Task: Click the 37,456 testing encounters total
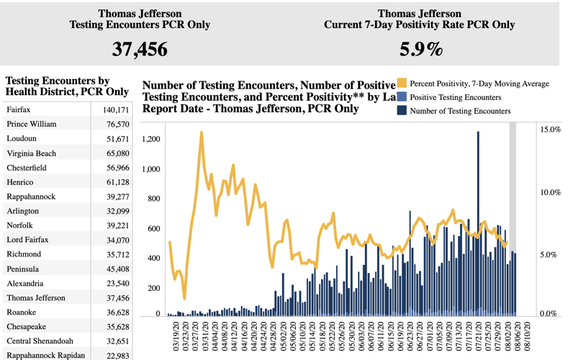point(140,49)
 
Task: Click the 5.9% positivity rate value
point(420,49)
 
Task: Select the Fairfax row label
point(19,110)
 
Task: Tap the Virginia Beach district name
point(31,153)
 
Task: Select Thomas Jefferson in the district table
point(36,298)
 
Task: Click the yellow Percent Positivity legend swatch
point(402,84)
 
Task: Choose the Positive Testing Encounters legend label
point(456,97)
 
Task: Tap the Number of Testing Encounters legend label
point(460,111)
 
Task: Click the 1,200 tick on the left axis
point(150,139)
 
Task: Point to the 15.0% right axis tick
point(550,130)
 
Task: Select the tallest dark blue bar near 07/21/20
point(478,223)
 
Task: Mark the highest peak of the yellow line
point(201,132)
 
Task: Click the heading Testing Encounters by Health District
point(67,86)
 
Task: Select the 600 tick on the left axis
point(153,229)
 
